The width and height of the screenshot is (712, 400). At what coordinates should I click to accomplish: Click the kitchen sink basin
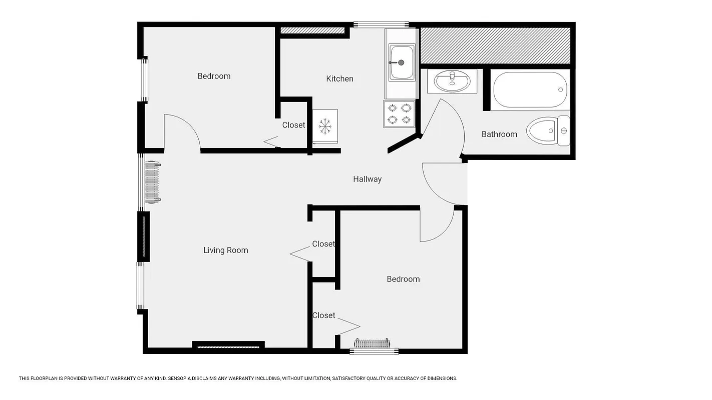pos(402,62)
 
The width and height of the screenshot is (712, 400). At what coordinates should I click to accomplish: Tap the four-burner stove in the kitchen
pos(400,114)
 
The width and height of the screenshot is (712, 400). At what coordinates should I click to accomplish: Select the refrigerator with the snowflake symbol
pos(325,126)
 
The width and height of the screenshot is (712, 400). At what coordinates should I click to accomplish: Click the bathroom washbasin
pos(452,81)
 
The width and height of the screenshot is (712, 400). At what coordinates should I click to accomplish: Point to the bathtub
pos(530,90)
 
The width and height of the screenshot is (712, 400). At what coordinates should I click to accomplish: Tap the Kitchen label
pos(339,78)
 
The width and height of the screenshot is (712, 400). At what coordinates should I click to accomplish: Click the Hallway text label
pos(367,179)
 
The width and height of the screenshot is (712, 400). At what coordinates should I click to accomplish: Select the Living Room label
pos(225,250)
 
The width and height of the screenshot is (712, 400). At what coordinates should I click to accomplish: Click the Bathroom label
pos(499,134)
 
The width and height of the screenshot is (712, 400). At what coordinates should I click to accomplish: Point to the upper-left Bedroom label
pos(214,76)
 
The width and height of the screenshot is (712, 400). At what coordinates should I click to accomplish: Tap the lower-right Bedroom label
pos(403,279)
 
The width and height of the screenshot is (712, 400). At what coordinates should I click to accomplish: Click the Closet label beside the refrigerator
pos(293,125)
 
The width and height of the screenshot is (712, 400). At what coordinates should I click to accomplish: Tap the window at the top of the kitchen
pos(381,24)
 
